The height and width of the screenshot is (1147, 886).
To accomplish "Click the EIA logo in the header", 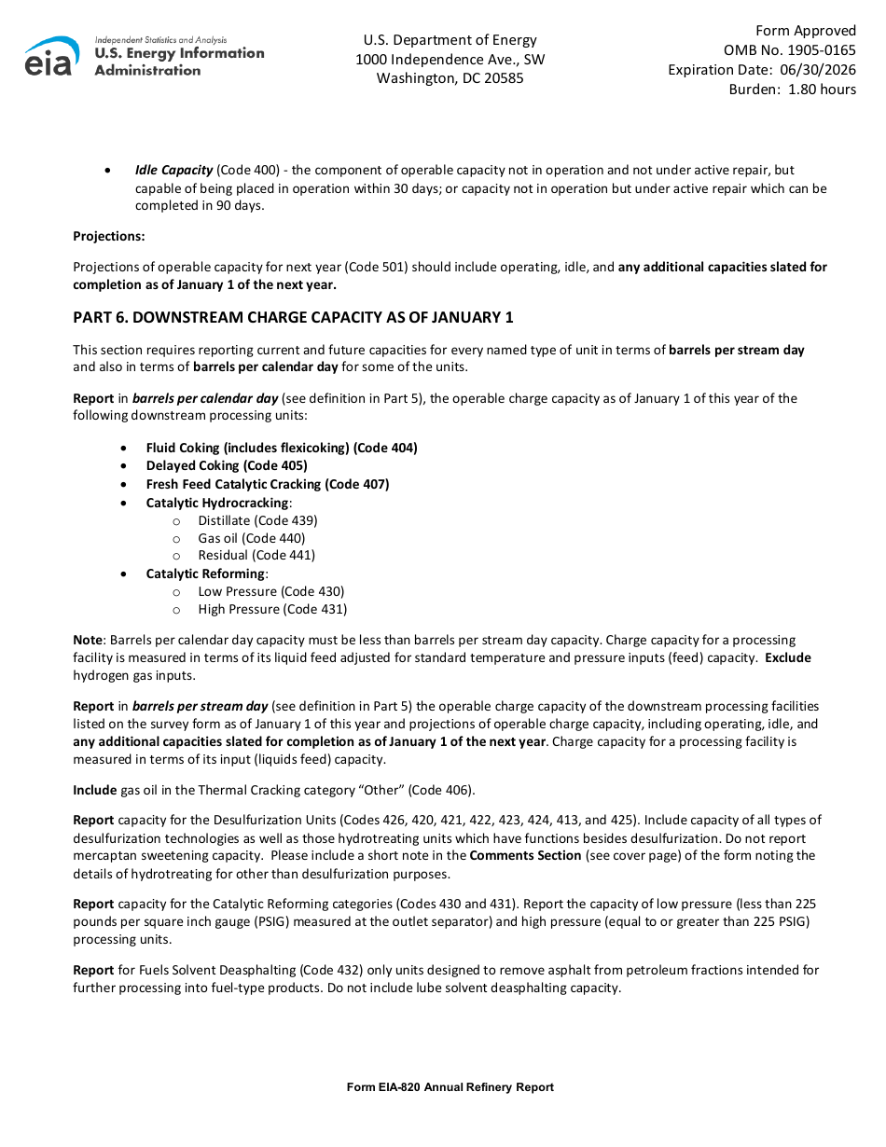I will click(51, 57).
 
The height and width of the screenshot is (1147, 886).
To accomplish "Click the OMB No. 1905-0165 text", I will click(789, 50).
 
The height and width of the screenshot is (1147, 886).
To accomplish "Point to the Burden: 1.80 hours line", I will click(792, 90).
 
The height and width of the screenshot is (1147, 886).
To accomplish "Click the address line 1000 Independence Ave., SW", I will click(450, 60).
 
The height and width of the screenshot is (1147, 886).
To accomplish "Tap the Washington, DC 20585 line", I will click(450, 78).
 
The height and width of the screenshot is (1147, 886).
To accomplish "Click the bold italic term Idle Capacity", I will click(173, 171).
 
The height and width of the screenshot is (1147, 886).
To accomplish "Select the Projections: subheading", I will click(109, 237).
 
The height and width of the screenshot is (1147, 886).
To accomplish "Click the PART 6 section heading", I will click(293, 318).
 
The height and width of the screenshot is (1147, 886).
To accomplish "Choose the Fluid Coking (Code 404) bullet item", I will click(282, 448).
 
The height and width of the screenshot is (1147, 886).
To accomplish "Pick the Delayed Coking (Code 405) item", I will click(227, 465).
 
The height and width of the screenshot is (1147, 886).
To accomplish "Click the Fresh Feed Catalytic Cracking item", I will click(268, 484).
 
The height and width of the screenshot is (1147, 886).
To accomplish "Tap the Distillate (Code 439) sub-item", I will click(257, 520).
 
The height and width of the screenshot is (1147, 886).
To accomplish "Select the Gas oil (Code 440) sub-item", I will click(251, 538).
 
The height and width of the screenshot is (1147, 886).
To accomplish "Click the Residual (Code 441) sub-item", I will click(256, 556).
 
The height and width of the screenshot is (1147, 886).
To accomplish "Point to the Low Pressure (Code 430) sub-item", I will click(270, 591).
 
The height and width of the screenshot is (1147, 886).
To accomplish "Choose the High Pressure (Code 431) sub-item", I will click(272, 610).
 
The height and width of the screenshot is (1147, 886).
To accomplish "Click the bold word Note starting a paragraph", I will click(89, 641).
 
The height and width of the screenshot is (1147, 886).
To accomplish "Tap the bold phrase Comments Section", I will click(525, 856).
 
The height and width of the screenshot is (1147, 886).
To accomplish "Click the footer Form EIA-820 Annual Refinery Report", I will click(450, 1087).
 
